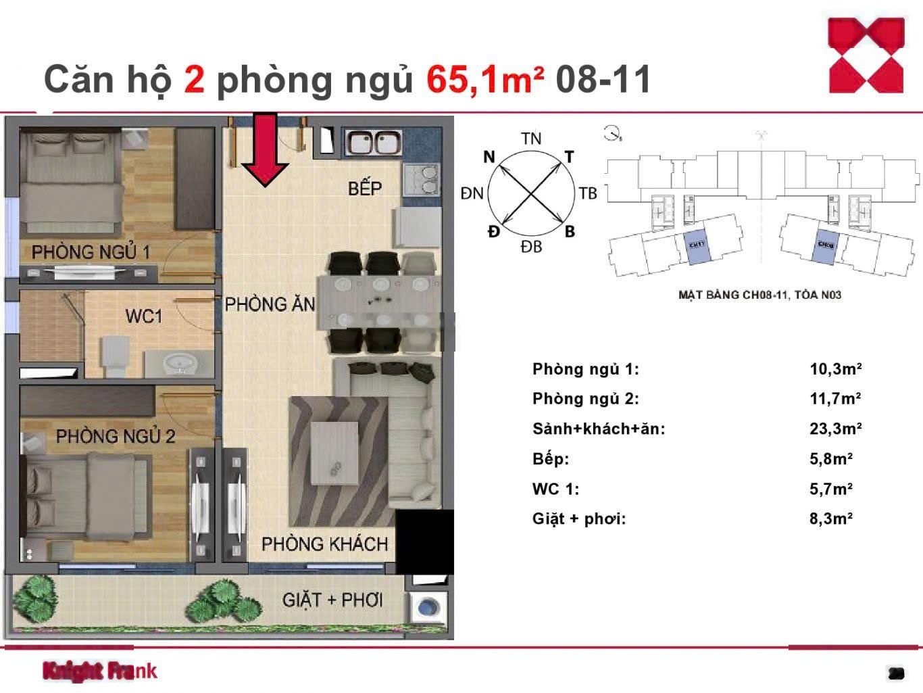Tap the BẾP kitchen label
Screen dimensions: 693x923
coord(365,188)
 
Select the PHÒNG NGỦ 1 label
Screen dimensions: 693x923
coord(91,252)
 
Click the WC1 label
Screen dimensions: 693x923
coord(143,316)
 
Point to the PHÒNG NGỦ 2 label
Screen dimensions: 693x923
coord(115,437)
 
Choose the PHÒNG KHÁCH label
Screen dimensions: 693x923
coord(324,544)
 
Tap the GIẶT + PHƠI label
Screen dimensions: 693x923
coord(332,600)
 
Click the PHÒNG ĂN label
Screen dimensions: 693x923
coord(270,305)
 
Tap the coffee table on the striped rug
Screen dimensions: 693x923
coord(334,453)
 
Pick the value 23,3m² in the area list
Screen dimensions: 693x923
coord(835,429)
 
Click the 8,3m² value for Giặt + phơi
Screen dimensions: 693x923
coord(830,519)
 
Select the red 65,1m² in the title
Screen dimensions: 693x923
coord(484,79)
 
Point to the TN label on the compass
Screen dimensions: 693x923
coord(531,139)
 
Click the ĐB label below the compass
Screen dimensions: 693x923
coord(531,247)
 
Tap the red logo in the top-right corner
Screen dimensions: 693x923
coord(866,55)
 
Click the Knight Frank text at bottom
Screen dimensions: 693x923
coord(100,671)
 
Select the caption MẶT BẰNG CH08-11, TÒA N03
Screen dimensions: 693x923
coord(759,295)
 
